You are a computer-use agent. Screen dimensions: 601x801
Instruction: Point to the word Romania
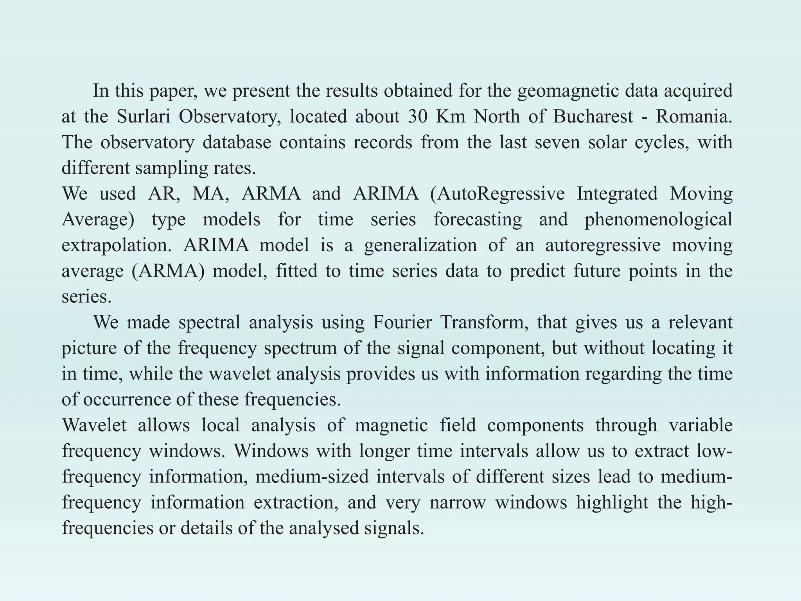pos(693,117)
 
